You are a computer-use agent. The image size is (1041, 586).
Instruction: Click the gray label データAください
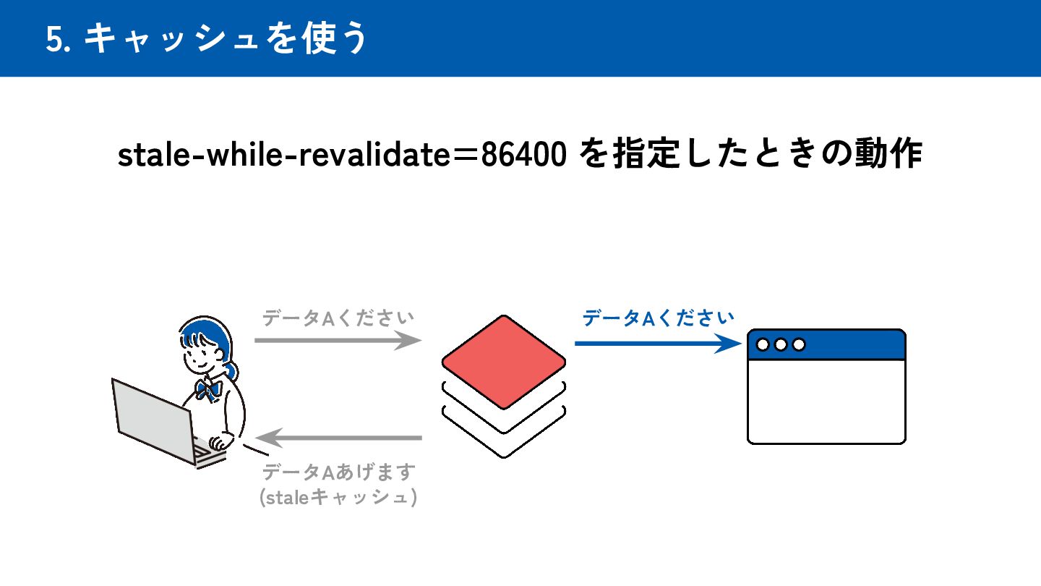pyautogui.click(x=338, y=318)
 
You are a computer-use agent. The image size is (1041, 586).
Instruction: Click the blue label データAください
pyautogui.click(x=658, y=318)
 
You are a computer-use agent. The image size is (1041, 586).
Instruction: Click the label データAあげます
pyautogui.click(x=338, y=472)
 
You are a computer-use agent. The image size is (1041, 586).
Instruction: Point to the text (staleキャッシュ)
pyautogui.click(x=338, y=498)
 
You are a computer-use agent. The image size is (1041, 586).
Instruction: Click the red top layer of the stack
pyautogui.click(x=504, y=360)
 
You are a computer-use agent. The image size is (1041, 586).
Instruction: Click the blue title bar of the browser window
pyautogui.click(x=853, y=344)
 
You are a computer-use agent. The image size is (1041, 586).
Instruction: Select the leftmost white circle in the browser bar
pyautogui.click(x=763, y=344)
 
